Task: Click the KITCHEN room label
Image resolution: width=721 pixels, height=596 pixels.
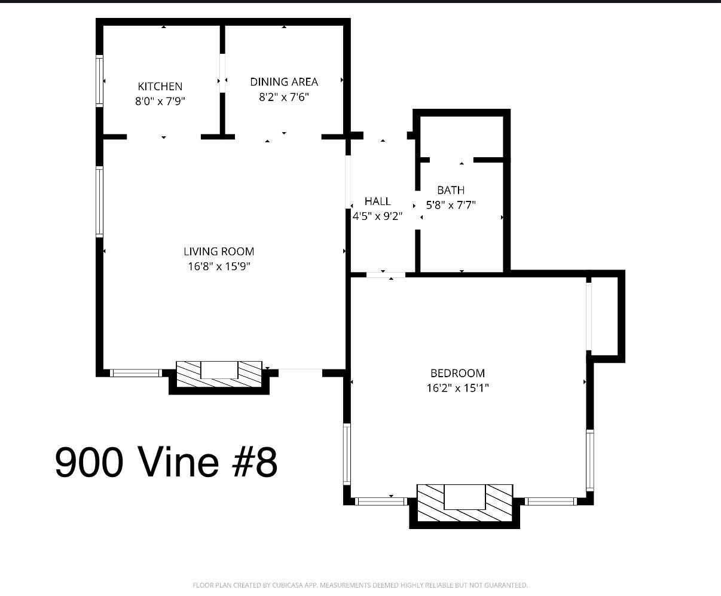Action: coord(160,87)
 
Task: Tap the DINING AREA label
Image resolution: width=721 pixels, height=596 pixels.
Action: coord(284,82)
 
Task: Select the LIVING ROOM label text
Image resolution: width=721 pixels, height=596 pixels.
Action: coord(219,252)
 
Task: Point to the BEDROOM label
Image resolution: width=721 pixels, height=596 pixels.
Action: coord(457,374)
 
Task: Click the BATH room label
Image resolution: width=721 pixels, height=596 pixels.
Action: coord(451,190)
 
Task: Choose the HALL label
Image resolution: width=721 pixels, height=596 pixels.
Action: coord(377,201)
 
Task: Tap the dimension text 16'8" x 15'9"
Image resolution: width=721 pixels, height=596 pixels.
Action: coord(219,267)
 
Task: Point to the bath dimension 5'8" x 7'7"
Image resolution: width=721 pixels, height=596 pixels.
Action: coord(451,205)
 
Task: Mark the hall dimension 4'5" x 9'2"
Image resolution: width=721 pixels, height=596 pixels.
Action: coord(377,216)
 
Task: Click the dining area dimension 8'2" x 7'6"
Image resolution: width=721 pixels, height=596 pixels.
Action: coord(284,97)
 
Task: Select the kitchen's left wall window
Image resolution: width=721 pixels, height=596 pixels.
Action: coord(100,80)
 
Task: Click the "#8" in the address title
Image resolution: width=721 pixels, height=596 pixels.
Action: coord(254,462)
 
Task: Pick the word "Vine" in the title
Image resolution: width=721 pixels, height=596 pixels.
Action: coord(178,462)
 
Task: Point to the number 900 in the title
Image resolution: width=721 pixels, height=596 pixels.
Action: coord(89,462)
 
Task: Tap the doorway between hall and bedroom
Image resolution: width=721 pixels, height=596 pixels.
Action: coord(386,274)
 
